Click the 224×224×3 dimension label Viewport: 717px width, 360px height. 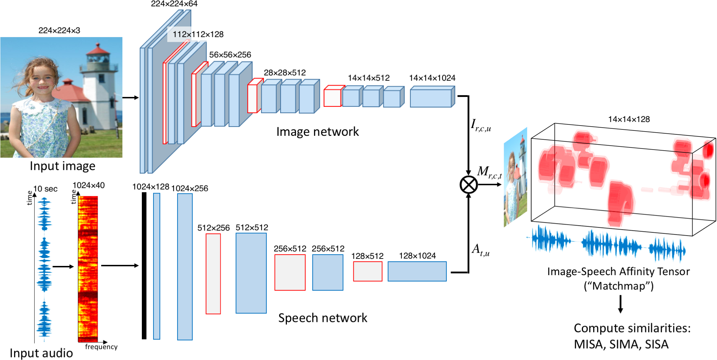coord(59,30)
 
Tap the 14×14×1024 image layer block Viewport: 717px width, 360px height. coord(432,98)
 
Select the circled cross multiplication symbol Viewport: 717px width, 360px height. coord(468,185)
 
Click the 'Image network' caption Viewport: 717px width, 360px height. coord(317,132)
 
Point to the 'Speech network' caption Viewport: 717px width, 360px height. coord(323,318)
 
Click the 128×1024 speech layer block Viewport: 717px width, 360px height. coord(417,271)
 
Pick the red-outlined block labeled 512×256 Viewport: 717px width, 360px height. coord(213,274)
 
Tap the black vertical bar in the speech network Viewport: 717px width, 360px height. coord(144,266)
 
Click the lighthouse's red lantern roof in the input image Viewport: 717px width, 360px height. coord(98,50)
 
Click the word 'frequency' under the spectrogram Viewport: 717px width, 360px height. coord(101,347)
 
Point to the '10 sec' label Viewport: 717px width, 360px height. coord(45,189)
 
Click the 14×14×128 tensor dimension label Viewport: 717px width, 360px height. coord(629,119)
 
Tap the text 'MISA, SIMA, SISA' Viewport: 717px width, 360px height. coord(621,344)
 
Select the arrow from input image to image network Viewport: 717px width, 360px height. coord(131,98)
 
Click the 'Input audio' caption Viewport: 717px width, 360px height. coord(41,353)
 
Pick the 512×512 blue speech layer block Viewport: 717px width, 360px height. coord(251,273)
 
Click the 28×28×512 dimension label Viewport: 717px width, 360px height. coord(284,73)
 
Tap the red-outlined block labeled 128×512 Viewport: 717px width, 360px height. coord(368,271)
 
